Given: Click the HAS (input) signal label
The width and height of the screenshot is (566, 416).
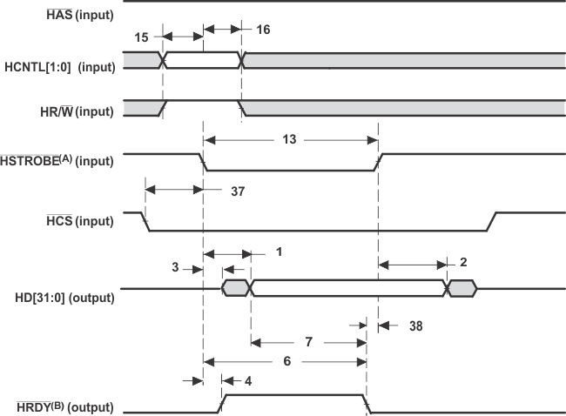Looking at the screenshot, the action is coord(80,15).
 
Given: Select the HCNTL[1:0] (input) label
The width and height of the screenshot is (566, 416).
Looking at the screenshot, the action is coord(60,67).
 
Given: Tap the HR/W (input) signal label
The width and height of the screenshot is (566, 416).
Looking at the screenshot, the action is coord(77,111).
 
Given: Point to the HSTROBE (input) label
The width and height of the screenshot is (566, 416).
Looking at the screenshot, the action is coord(57,160).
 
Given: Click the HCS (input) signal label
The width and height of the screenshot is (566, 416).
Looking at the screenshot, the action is coord(80,221).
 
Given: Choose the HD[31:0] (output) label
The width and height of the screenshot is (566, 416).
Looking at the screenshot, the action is coord(64,298).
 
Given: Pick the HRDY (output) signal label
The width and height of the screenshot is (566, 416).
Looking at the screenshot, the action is coord(65,407).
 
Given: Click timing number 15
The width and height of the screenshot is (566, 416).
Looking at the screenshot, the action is coord(141,37).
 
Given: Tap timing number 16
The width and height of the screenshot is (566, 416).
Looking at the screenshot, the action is coord(263,30).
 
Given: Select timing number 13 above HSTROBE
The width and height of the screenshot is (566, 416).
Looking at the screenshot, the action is coord(289,139).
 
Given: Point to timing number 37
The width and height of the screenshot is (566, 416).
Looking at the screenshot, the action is coord(238,191).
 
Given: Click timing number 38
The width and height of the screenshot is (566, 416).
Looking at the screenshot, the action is coord(416,326).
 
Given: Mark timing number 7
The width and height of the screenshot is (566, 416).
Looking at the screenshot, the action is coord(308,342).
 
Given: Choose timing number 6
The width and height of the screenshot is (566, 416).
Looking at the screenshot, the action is coord(287,361).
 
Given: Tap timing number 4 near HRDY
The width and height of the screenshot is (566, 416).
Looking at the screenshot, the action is coord(248,381).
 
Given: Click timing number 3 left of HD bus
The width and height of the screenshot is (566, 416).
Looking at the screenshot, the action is coord(175,267).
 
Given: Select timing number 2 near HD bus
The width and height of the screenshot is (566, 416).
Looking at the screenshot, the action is coord(463,262).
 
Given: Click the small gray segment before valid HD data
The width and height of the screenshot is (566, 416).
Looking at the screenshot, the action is coord(235,288).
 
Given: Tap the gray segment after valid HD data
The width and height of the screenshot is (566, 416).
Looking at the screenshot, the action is coord(462,288).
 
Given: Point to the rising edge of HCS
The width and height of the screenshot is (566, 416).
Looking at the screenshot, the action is coord(491,222).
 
